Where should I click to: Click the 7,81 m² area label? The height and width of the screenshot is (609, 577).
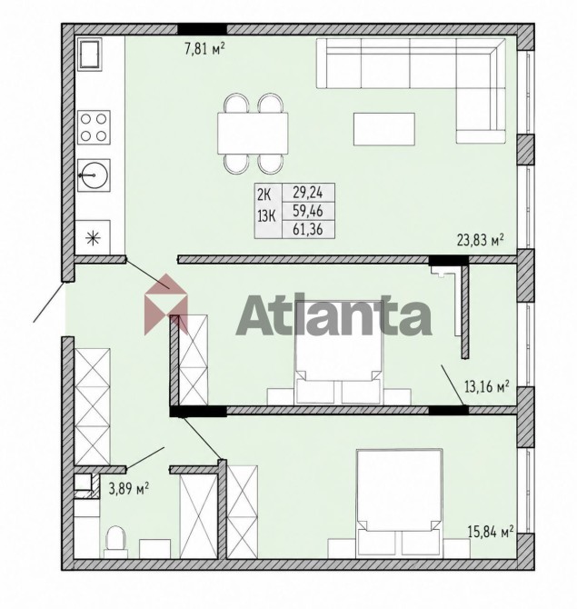(x=205, y=50)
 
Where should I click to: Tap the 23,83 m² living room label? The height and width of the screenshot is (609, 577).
(x=481, y=240)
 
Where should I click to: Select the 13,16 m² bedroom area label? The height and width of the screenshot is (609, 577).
(x=487, y=387)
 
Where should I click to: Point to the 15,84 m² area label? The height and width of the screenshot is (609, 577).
(x=491, y=532)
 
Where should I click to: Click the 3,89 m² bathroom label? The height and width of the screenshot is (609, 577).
(x=129, y=489)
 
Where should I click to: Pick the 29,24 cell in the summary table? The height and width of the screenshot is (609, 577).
(x=308, y=193)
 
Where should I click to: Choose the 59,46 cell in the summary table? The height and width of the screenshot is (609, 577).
(x=308, y=211)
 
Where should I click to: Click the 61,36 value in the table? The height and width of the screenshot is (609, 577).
(x=308, y=229)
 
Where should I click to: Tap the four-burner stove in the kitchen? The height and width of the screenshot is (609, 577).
(x=94, y=127)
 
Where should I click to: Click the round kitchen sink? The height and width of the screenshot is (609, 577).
(x=94, y=175)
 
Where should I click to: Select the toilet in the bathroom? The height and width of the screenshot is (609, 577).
(x=116, y=542)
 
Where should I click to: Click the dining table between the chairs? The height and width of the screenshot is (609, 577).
(x=253, y=134)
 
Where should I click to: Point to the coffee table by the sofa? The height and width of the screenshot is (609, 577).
(x=384, y=129)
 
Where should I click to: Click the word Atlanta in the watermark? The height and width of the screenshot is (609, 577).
(x=333, y=315)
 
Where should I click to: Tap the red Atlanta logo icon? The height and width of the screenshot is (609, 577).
(x=165, y=304)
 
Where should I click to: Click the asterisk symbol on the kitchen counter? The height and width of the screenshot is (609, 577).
(x=92, y=238)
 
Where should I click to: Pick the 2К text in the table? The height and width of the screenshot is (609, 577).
(x=264, y=195)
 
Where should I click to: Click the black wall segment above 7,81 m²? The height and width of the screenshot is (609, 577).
(x=203, y=29)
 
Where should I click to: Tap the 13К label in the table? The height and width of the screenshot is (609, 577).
(x=266, y=216)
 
